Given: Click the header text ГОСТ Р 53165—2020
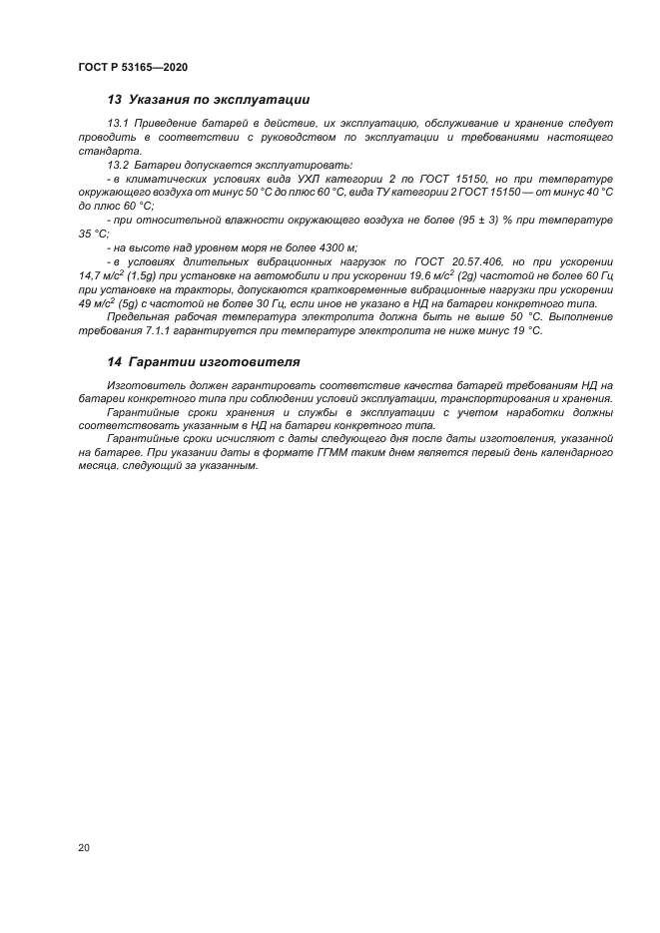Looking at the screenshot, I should coord(133,67).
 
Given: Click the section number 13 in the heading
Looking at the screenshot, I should coord(114,100).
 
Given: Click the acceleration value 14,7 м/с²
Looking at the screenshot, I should coord(101,274).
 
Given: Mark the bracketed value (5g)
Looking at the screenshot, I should coord(134,302).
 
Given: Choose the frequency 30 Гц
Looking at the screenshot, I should coord(269,302).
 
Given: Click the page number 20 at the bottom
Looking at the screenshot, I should coord(83,847).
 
